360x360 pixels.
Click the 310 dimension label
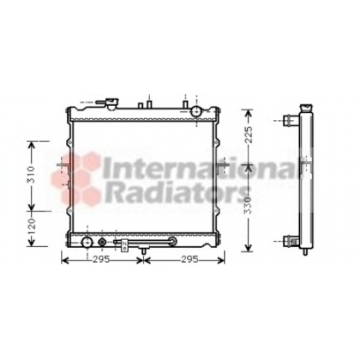point(31,174)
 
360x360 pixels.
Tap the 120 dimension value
point(31,226)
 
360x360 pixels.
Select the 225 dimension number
point(249,135)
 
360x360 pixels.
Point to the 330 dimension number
point(248,205)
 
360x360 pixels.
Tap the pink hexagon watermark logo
point(76,179)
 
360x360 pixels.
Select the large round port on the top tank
point(196,112)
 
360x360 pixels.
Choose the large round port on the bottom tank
point(87,243)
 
